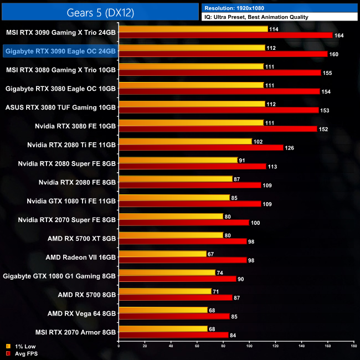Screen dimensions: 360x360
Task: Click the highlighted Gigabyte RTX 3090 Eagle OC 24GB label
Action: click(60, 51)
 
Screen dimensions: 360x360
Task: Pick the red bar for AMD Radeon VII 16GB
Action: click(183, 260)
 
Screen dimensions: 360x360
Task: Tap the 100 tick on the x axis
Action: click(249, 347)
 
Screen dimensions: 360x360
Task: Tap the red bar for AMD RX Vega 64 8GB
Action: click(174, 316)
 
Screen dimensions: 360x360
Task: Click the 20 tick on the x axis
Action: click(145, 347)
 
